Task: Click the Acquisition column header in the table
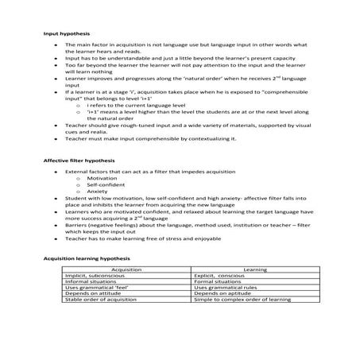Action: (126, 269)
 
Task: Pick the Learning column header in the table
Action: (254, 269)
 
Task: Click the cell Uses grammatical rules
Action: (225, 288)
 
